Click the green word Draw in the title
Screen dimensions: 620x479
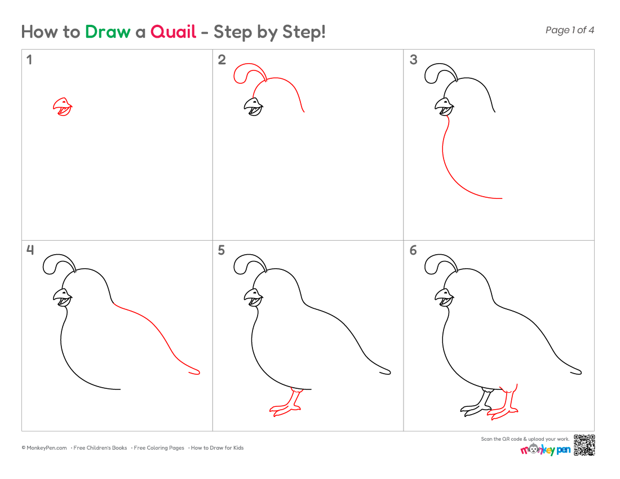108,32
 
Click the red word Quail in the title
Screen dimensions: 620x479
173,32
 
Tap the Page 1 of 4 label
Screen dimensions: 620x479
569,30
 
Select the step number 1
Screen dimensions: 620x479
29,60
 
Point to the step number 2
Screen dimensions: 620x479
222,60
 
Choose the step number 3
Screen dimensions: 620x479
413,60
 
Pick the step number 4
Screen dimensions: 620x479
30,250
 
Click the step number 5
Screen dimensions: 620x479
222,250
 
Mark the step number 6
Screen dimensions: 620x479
413,250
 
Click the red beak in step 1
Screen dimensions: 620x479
63,107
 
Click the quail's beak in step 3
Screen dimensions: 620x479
444,107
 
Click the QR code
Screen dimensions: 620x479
584,445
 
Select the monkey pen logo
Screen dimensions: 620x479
545,449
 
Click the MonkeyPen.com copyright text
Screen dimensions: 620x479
45,448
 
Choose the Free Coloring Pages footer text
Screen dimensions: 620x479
158,448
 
